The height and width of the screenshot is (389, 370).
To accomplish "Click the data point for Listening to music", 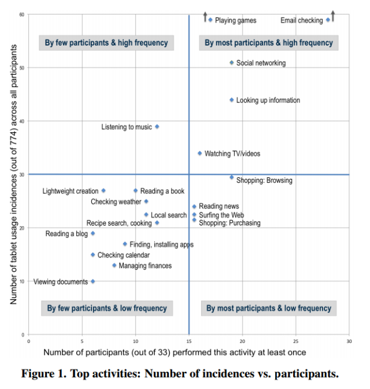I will (157, 126).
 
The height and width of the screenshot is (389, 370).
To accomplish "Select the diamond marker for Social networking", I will (232, 62).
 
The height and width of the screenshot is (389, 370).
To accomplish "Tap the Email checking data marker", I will (328, 20).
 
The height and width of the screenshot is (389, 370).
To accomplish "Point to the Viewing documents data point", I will (92, 282).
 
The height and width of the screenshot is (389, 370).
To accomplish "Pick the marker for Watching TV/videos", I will (200, 154).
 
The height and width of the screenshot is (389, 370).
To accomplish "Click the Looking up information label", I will (268, 100).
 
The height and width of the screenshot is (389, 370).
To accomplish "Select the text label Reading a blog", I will (66, 234).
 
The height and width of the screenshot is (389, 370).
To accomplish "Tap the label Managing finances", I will (145, 265).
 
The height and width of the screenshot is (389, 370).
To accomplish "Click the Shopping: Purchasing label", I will (230, 223).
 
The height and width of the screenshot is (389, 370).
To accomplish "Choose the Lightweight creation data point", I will (103, 190).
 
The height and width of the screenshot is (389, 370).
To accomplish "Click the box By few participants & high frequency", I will (106, 43).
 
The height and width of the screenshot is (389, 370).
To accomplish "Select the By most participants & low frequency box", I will (269, 308).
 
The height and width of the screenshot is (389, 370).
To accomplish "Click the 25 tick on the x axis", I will (295, 342).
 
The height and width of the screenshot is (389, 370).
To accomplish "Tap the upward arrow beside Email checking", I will (333, 16).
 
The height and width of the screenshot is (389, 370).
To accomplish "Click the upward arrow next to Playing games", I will (205, 16).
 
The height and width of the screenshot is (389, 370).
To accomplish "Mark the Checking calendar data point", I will (92, 255).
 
